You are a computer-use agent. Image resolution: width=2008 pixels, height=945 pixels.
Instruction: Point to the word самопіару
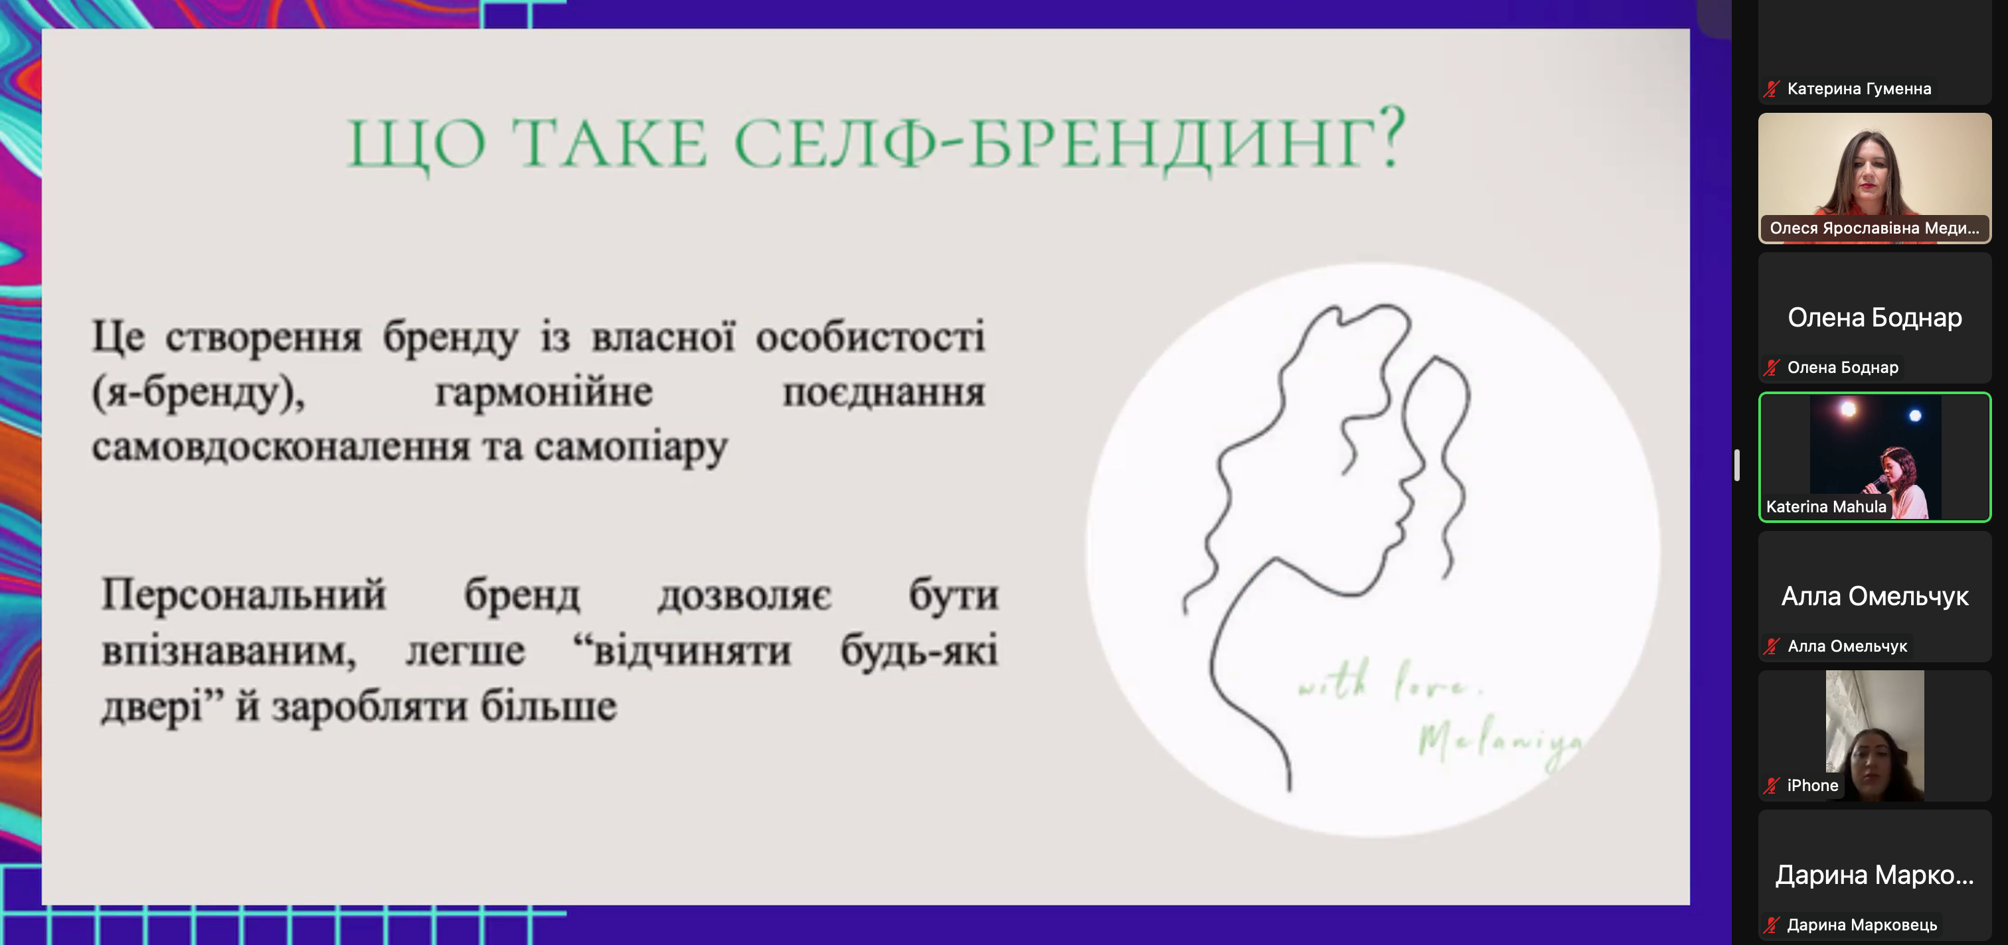coord(631,448)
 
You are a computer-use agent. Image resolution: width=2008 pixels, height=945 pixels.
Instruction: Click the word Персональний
coord(243,596)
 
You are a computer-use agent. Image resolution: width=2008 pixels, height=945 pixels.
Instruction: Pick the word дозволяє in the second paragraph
coord(744,596)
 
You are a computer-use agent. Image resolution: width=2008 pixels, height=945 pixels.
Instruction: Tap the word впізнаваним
coord(228,651)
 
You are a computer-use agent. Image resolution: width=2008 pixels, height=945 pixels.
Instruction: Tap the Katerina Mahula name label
coord(1825,506)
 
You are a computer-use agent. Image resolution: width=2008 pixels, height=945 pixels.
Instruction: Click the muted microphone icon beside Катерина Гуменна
coord(1771,89)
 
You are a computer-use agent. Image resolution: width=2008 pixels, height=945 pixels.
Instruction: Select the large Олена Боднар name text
coord(1874,318)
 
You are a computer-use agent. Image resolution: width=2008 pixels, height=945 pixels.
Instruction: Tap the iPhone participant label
coord(1811,785)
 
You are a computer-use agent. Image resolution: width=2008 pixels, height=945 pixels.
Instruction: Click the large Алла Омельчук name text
coord(1874,597)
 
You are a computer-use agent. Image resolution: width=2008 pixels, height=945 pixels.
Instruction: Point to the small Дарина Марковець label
coord(1861,924)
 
